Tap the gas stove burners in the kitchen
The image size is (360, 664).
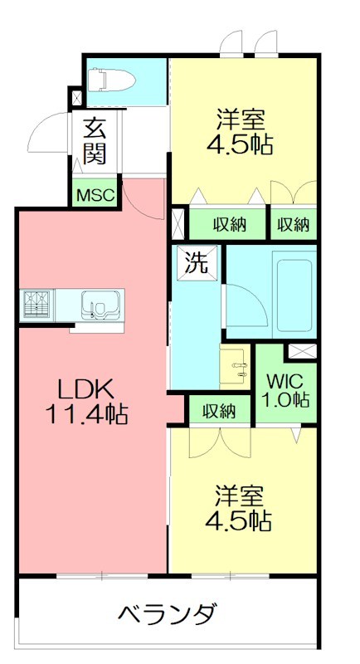tap(36, 305)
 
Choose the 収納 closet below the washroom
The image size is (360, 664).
tap(218, 410)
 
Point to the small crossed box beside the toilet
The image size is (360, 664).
tap(77, 98)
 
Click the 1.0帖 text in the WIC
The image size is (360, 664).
tap(286, 399)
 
